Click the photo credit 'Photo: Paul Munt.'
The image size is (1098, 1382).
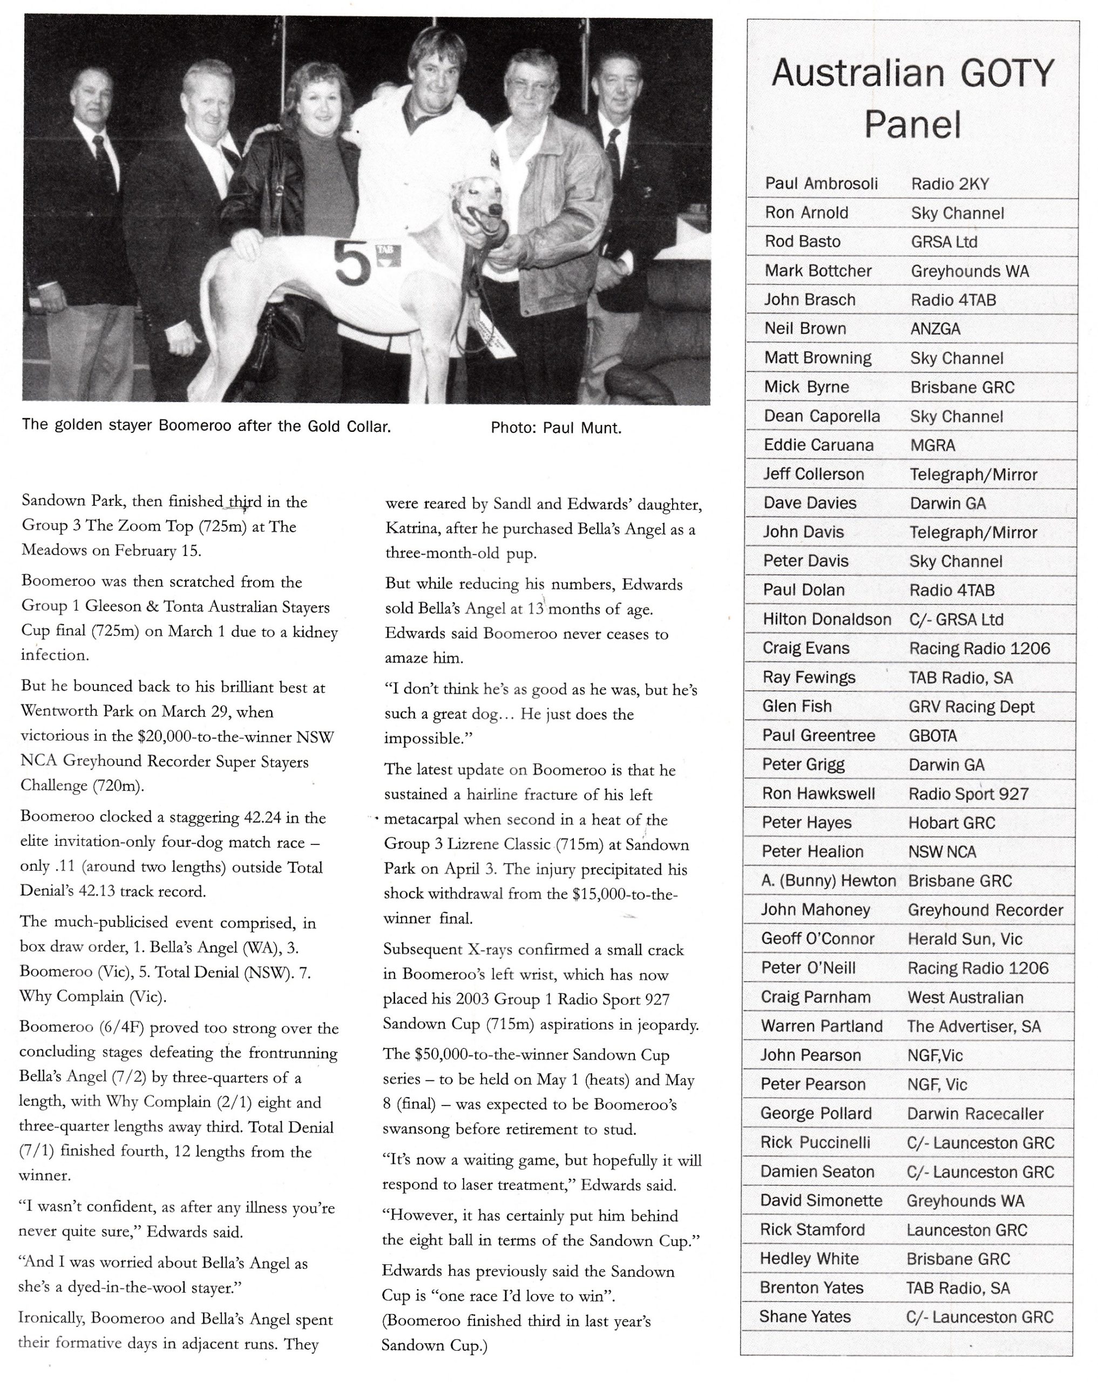pos(555,428)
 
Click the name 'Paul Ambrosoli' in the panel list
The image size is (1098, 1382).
pos(821,184)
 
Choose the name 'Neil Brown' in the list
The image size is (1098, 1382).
pos(805,329)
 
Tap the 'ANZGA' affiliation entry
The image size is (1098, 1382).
pos(935,329)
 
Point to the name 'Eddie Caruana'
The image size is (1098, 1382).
pos(818,445)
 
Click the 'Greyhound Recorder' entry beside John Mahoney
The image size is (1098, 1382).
pos(985,910)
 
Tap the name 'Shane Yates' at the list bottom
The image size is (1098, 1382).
pos(805,1317)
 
